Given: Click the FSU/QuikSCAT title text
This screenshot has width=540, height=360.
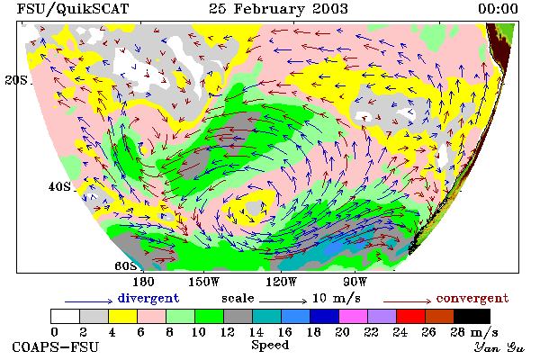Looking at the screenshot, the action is pos(73,9).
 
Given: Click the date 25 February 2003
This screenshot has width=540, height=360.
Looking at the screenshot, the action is pos(278,9).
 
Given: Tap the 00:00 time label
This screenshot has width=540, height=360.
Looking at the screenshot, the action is pos(498,9).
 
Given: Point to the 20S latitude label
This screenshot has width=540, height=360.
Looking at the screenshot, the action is pos(16,80).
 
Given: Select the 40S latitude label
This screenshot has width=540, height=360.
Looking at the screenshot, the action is pos(59,186).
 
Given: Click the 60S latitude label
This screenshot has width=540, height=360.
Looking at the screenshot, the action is pos(126,266).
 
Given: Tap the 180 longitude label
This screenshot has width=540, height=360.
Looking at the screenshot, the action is pos(143,282).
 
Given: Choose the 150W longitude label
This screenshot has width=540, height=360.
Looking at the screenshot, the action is pos(204,282).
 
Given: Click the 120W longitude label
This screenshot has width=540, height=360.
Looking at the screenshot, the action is pos(281,282).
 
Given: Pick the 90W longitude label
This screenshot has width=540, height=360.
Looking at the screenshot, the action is pos(355,282).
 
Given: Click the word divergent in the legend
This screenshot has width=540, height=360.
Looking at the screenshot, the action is pos(148,298).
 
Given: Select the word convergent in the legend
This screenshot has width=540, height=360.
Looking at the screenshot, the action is pos(472,298).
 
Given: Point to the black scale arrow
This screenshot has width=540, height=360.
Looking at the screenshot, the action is pos(283,301).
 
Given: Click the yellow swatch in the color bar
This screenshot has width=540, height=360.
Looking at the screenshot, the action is pos(122,316).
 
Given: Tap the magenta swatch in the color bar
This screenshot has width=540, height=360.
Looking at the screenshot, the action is pos(353,316).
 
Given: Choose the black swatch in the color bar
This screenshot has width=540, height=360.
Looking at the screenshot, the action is pos(472,316).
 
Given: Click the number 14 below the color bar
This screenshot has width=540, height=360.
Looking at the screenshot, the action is pos(256,332).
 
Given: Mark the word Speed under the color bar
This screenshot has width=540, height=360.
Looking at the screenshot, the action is pos(270,346).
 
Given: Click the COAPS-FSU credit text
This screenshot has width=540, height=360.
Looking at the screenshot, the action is pos(56,347).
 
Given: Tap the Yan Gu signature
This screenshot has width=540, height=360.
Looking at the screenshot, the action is pos(499,347).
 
